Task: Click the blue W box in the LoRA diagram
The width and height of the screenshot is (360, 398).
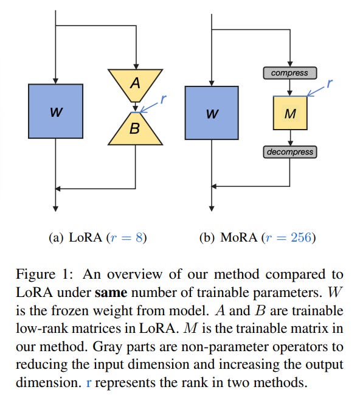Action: (55, 111)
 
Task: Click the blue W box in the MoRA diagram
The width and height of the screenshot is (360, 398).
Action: (212, 113)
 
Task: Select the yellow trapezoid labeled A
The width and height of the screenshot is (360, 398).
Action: (135, 85)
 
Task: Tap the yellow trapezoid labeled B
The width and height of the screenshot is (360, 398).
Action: (135, 128)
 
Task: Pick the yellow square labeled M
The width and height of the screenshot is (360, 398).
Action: (290, 113)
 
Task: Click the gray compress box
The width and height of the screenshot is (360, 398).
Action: (289, 73)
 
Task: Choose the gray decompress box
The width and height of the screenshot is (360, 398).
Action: (289, 152)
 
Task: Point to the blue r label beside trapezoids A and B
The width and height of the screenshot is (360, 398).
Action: (164, 99)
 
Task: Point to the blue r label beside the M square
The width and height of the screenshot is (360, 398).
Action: (330, 83)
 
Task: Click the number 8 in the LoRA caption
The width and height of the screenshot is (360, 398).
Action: (139, 238)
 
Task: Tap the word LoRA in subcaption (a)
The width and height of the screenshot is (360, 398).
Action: (85, 238)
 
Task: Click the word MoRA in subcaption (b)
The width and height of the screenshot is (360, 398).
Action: (239, 238)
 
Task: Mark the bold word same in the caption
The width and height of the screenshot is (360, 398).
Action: (111, 293)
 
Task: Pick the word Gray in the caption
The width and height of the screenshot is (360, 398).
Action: (107, 347)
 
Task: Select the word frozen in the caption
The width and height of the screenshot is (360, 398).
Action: (68, 311)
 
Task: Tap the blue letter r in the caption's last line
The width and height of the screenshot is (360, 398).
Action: (89, 383)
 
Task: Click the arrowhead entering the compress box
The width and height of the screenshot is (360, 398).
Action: (290, 64)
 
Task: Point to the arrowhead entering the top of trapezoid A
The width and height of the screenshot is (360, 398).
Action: (136, 66)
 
